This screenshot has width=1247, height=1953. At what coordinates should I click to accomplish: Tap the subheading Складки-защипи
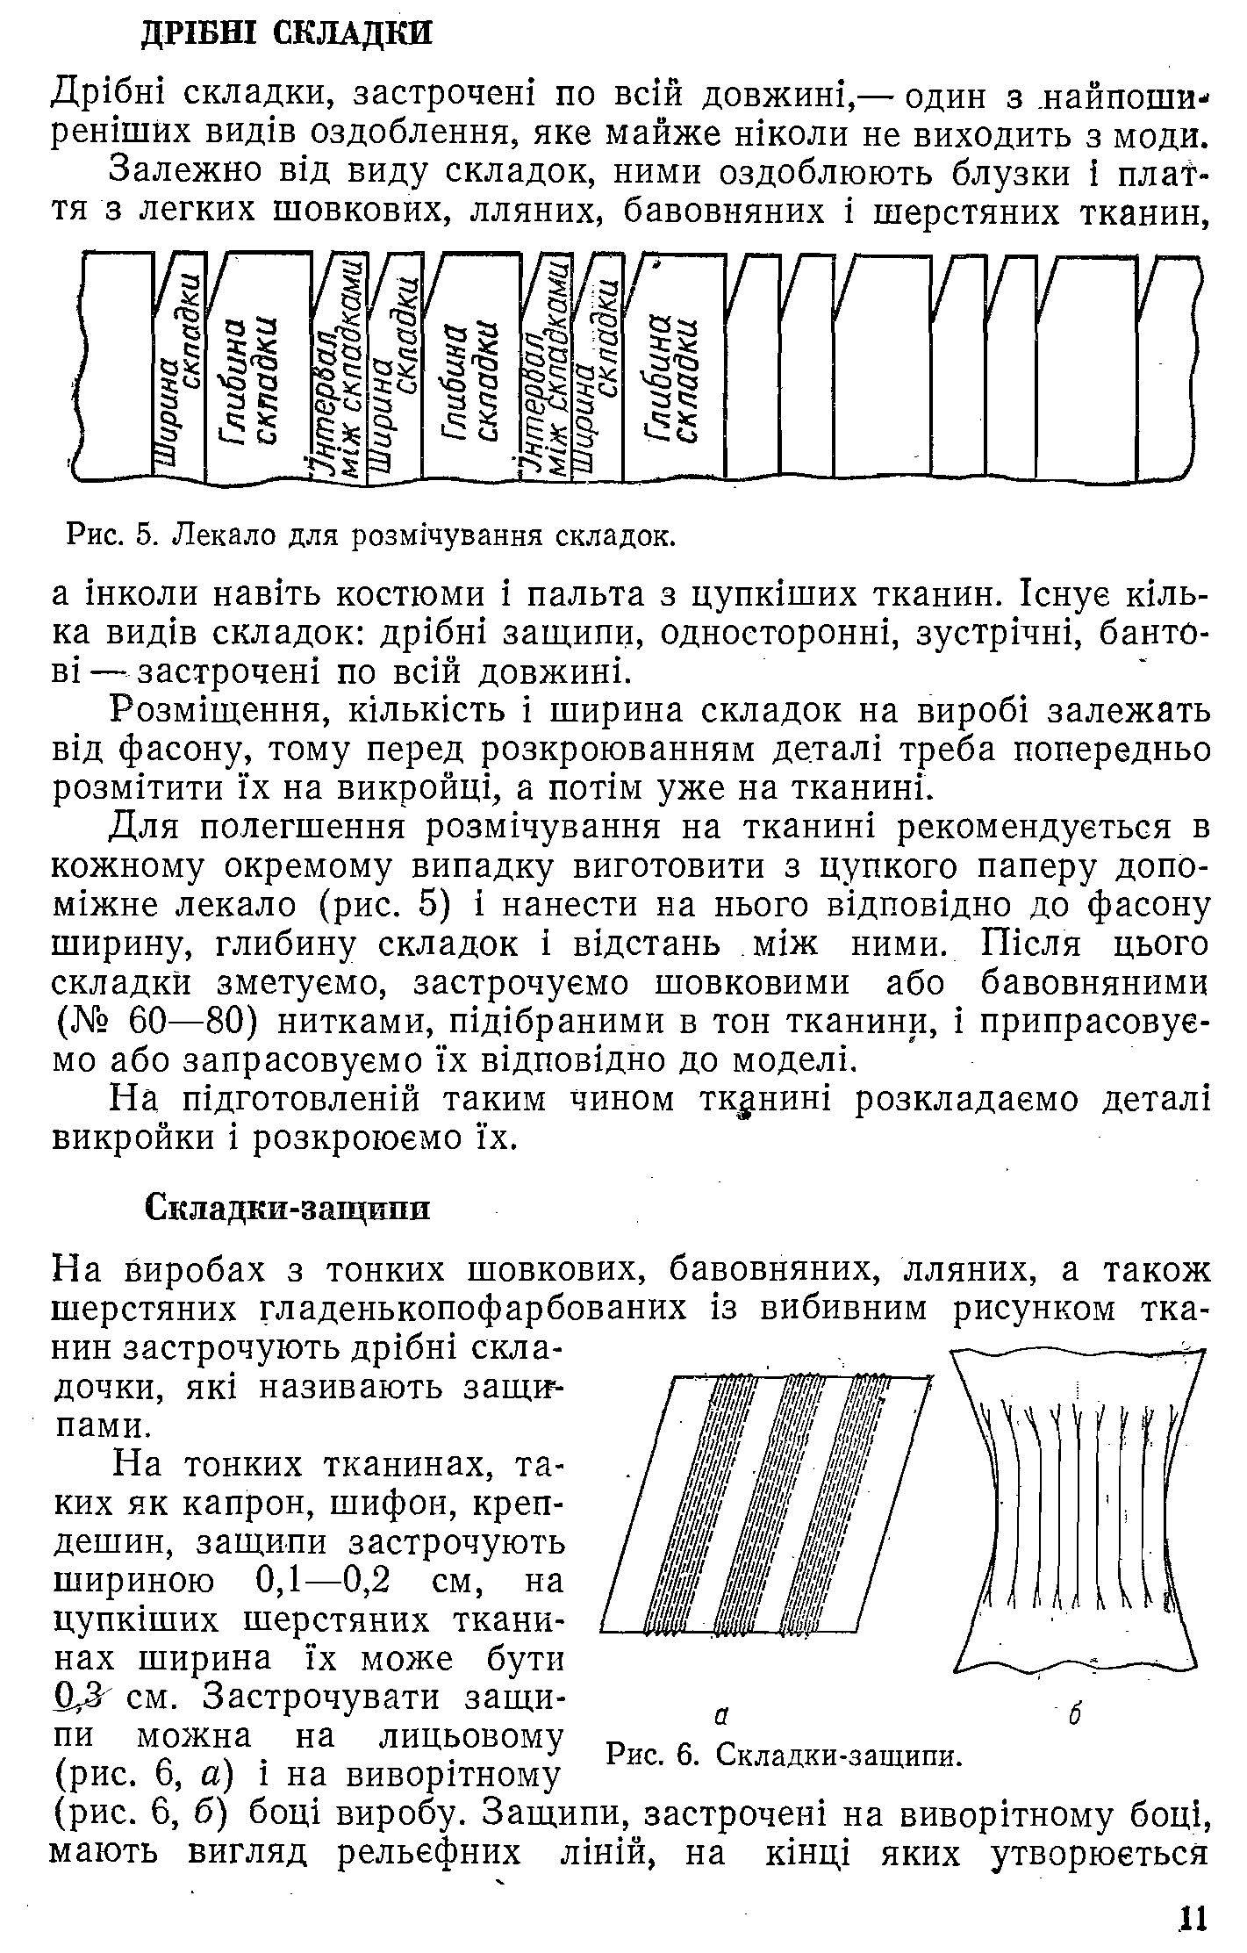[x=287, y=1209]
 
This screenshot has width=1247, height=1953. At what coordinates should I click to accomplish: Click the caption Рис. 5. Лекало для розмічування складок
[x=371, y=534]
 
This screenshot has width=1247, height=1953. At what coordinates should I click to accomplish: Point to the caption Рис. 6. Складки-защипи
[x=785, y=1755]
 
